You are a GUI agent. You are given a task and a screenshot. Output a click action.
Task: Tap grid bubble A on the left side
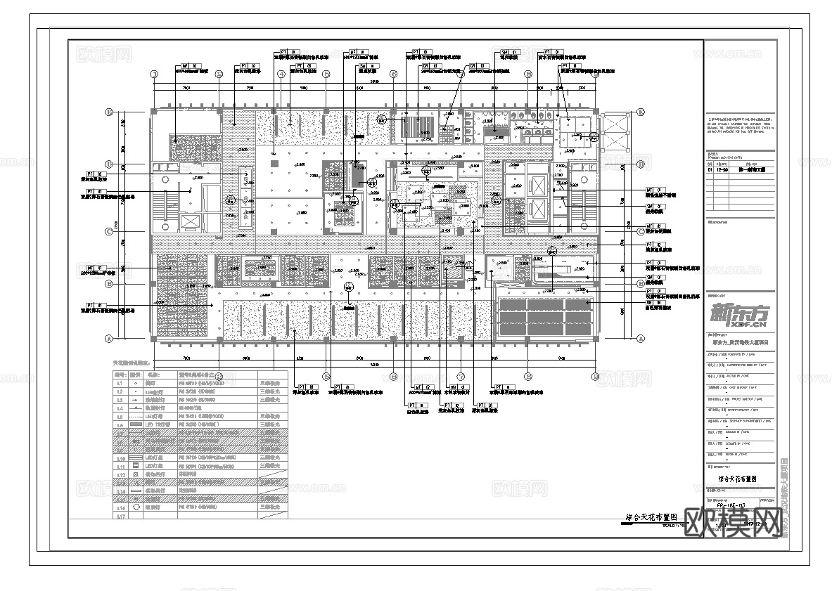(109, 338)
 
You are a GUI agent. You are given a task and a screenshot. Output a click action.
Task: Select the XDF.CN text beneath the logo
(745, 325)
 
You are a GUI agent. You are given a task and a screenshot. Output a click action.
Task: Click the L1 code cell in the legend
(120, 384)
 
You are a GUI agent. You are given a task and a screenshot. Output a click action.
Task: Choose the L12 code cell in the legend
(120, 474)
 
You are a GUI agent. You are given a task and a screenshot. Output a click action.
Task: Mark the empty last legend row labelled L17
(120, 515)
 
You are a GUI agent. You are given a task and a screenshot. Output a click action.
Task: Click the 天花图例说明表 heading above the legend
(132, 363)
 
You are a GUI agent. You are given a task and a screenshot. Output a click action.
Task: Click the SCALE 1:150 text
(686, 525)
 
